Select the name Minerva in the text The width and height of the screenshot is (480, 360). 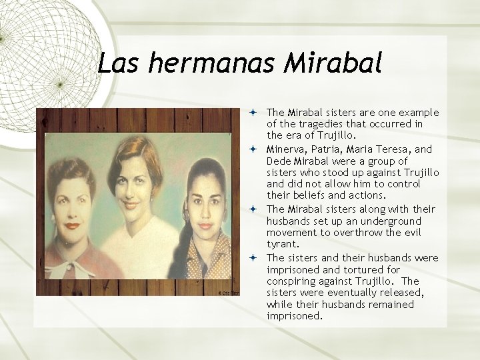coord(287,149)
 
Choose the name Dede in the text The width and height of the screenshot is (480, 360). coord(278,161)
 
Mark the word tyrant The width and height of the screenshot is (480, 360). coord(281,245)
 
